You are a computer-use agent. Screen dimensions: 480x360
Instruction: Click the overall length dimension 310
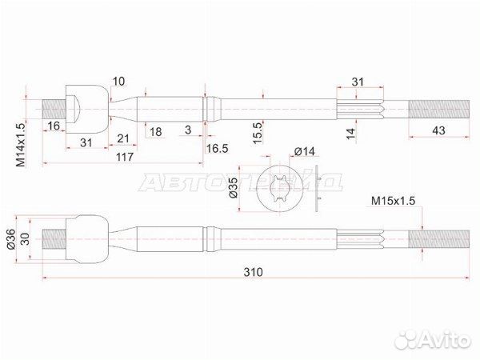click(x=253, y=272)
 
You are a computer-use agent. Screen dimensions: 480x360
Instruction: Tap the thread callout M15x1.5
click(x=393, y=201)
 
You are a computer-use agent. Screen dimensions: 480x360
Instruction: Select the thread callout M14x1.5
click(x=21, y=143)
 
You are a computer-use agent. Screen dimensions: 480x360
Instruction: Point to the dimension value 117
click(x=125, y=157)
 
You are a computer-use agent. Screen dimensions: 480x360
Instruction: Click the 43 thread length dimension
click(x=438, y=130)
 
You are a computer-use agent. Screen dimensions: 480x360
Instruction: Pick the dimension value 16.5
click(x=217, y=149)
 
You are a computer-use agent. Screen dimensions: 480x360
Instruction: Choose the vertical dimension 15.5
click(x=258, y=133)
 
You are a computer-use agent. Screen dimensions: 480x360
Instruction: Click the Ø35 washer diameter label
click(x=234, y=187)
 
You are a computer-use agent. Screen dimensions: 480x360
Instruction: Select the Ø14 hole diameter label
click(x=304, y=151)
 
